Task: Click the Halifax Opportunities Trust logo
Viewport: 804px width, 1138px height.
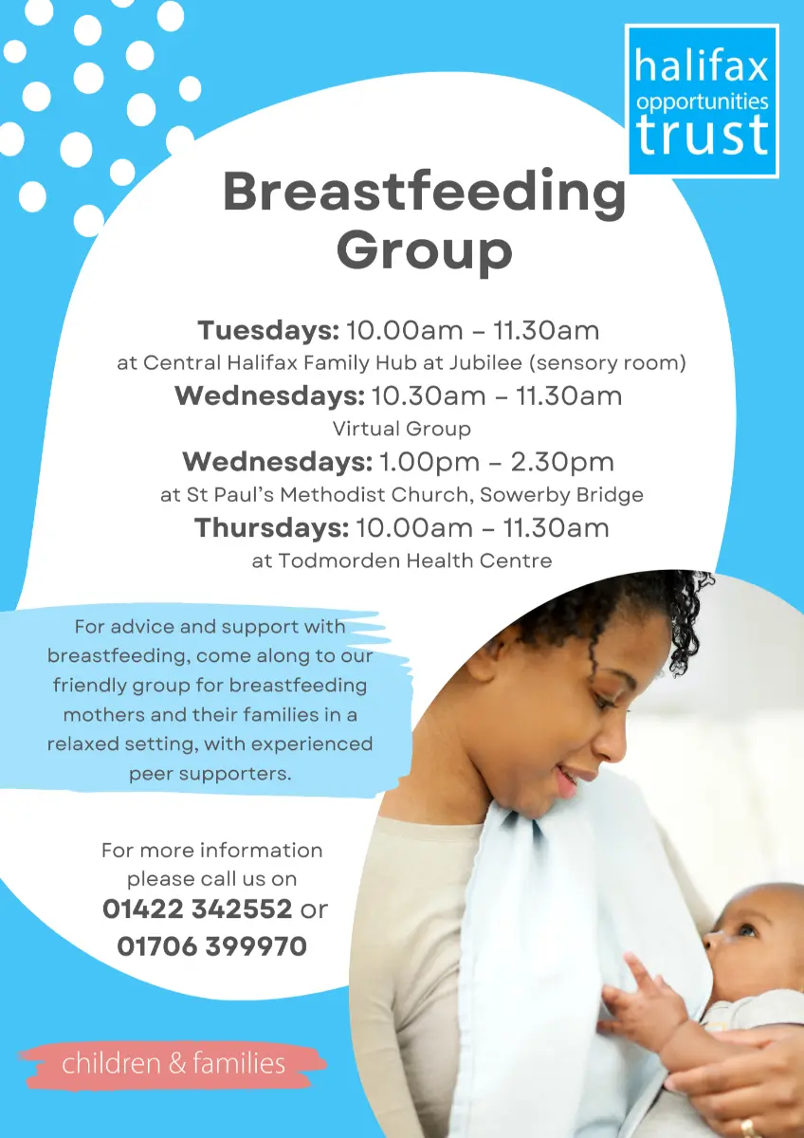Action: click(702, 101)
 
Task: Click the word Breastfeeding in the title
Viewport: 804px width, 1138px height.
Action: click(425, 193)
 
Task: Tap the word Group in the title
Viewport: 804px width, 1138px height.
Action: click(424, 250)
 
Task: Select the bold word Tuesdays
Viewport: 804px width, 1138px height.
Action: click(268, 331)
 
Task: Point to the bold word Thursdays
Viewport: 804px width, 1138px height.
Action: click(272, 528)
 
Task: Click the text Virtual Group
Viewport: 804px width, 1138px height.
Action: click(402, 429)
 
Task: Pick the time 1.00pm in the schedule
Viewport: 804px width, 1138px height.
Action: click(429, 463)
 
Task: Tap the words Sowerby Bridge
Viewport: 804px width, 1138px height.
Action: click(561, 494)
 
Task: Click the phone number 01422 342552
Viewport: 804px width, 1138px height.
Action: click(197, 909)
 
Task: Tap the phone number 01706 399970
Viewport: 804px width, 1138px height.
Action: click(211, 946)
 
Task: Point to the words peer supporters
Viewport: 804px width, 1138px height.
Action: click(210, 774)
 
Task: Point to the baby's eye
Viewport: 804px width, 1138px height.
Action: click(746, 929)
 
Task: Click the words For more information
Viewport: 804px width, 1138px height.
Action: click(211, 851)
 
